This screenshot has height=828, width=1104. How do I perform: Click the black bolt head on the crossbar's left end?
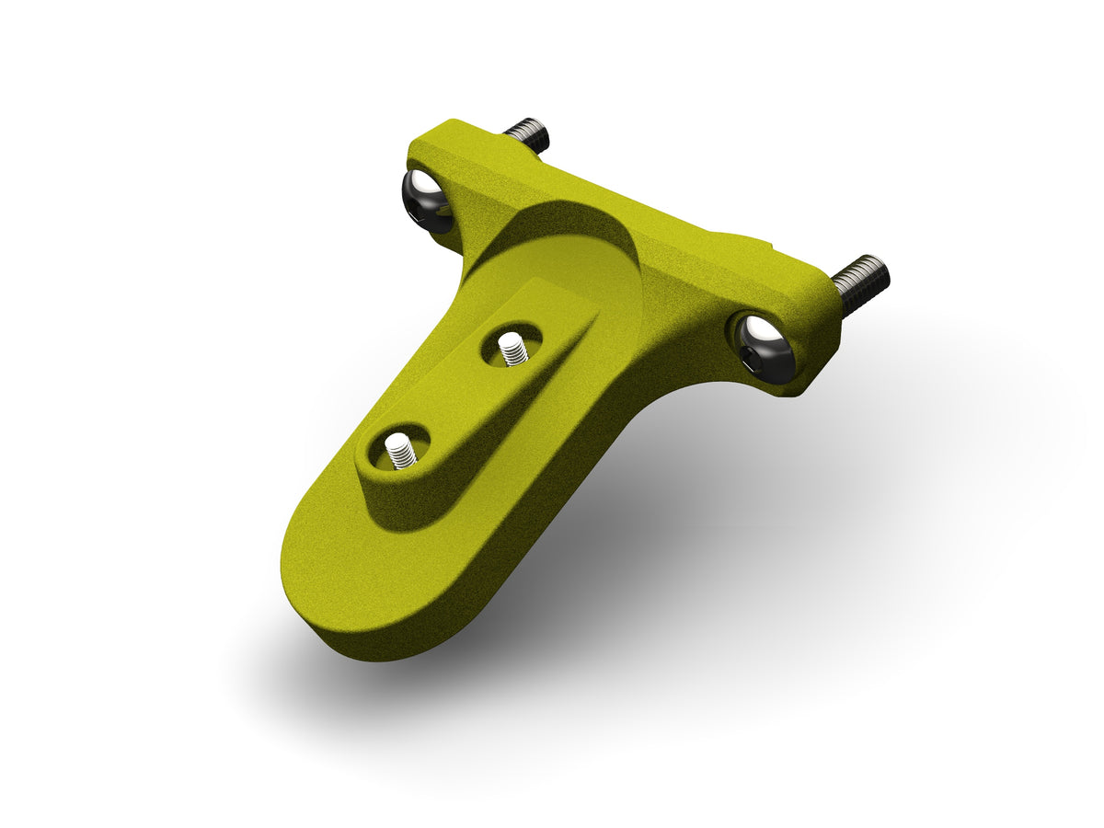pyautogui.click(x=426, y=202)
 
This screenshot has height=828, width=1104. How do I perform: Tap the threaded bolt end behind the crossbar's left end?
pyautogui.click(x=528, y=134)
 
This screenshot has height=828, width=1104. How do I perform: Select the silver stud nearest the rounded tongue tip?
pyautogui.click(x=399, y=451)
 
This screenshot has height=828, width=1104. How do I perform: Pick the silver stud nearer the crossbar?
pyautogui.click(x=512, y=349)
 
